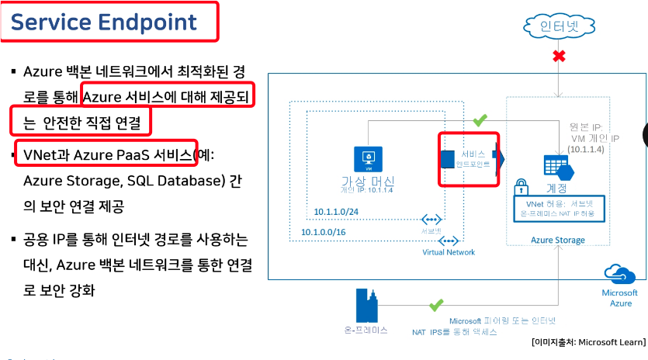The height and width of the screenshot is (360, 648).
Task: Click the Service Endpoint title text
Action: pyautogui.click(x=103, y=22)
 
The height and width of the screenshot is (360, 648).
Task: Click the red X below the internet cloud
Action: pyautogui.click(x=556, y=57)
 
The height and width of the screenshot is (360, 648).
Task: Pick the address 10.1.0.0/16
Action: pyautogui.click(x=326, y=232)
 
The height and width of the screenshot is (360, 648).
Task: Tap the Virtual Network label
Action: pyautogui.click(x=449, y=252)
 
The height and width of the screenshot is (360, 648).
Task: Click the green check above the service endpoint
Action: pyautogui.click(x=480, y=121)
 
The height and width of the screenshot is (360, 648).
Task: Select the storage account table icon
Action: pyautogui.click(x=556, y=165)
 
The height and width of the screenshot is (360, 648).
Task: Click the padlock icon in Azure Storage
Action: pyautogui.click(x=522, y=189)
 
